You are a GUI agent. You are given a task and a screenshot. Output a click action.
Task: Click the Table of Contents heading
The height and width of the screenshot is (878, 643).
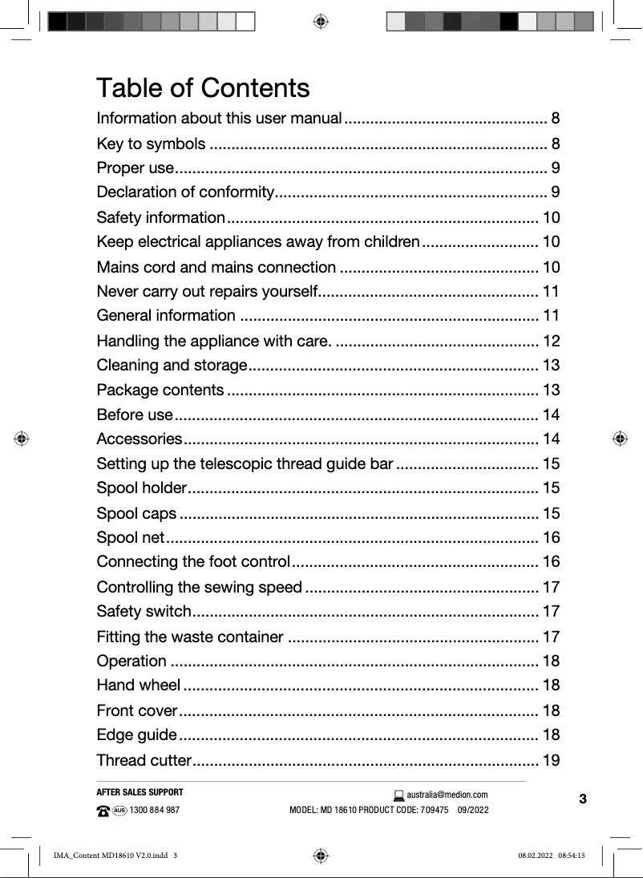(203, 87)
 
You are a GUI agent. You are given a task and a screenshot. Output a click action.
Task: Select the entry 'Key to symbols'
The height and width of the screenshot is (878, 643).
(150, 144)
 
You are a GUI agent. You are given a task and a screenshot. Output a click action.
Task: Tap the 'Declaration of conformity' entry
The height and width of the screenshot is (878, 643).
(185, 192)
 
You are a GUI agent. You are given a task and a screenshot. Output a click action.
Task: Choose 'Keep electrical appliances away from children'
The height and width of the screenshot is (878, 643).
(257, 242)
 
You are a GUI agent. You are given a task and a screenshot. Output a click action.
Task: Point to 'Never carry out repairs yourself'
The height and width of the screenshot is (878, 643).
(207, 291)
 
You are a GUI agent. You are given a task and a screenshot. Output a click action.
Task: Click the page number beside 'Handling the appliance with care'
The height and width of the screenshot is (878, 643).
(551, 341)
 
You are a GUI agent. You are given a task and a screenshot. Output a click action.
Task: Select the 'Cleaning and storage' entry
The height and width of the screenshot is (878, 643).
(171, 366)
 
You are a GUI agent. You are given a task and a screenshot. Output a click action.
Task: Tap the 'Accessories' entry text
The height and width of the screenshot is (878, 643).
(139, 439)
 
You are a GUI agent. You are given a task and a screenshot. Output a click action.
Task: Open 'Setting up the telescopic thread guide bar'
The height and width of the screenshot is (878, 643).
(245, 464)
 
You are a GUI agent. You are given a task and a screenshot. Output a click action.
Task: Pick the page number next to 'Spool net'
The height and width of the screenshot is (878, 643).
(551, 537)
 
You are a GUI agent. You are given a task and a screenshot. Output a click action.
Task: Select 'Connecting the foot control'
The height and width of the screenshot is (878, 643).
(193, 561)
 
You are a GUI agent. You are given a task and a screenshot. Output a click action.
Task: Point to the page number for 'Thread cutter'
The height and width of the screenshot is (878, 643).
(551, 760)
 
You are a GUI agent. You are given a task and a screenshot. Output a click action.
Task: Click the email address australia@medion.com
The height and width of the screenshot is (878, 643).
(447, 795)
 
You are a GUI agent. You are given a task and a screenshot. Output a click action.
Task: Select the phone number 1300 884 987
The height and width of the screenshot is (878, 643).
(155, 810)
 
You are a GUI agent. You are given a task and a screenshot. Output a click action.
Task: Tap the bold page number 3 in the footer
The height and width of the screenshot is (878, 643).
(583, 799)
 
